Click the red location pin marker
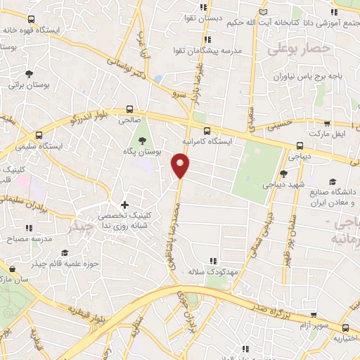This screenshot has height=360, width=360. (x=181, y=166)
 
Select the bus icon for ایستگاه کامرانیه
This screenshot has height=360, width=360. (x=206, y=130)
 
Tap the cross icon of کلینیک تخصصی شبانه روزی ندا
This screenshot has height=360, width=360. (x=124, y=205)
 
